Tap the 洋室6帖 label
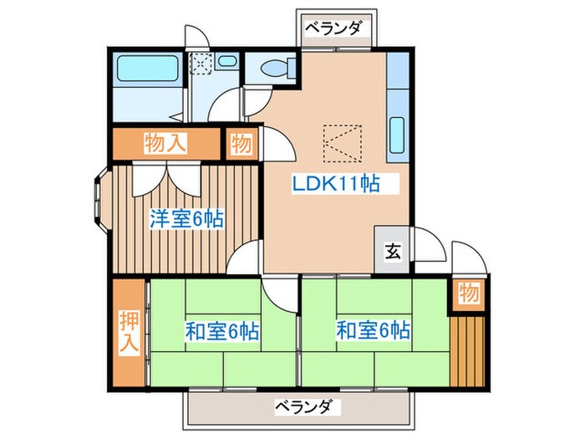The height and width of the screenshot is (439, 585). pos(186,219)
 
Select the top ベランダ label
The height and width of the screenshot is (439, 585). pos(332,29)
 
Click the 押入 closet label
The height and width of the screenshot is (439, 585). pos(128,333)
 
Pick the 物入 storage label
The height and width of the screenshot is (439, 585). pos(165,142)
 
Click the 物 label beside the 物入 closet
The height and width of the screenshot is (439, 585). pos(242,143)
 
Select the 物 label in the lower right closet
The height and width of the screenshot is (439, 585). pos(467,294)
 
